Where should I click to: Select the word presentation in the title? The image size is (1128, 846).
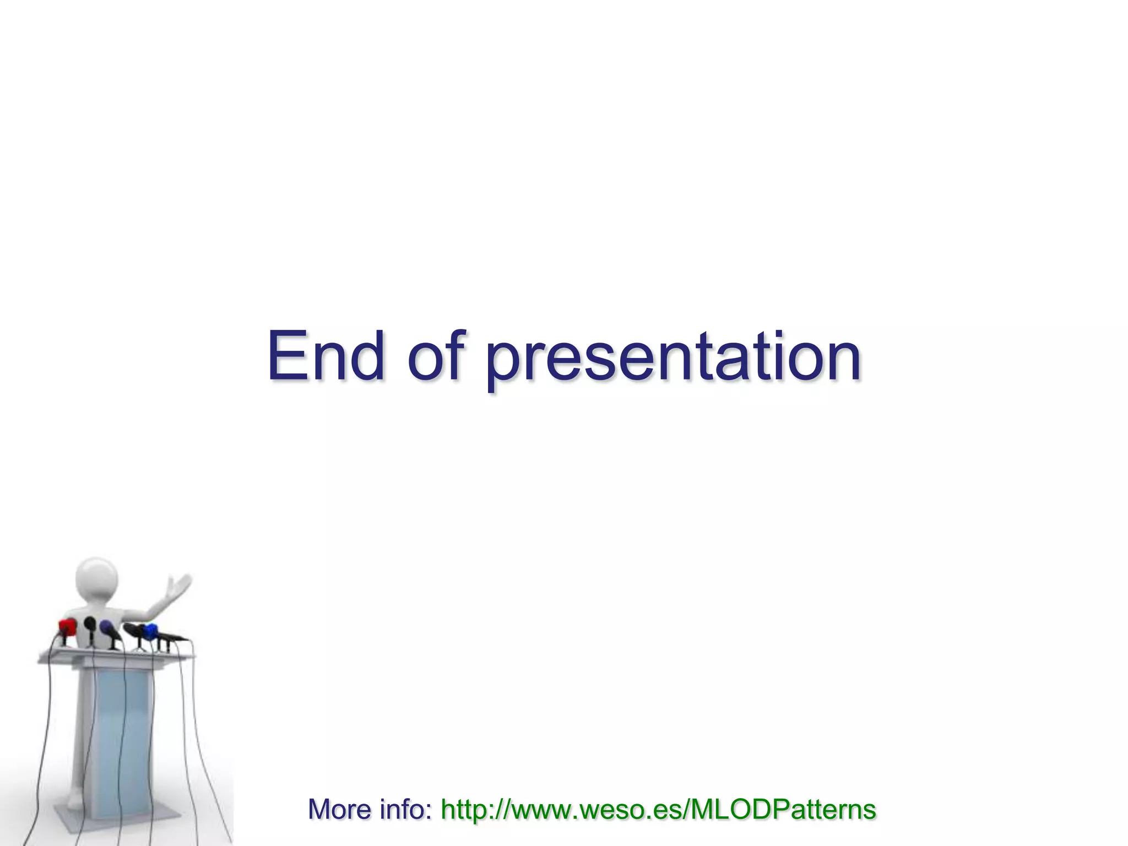[x=673, y=358]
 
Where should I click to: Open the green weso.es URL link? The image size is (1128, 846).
[x=658, y=810]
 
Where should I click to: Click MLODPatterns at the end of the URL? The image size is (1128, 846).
[x=782, y=810]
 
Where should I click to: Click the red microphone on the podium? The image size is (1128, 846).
[x=68, y=626]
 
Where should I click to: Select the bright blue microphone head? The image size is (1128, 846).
[x=149, y=631]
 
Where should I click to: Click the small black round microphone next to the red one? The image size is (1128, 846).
[x=90, y=624]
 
